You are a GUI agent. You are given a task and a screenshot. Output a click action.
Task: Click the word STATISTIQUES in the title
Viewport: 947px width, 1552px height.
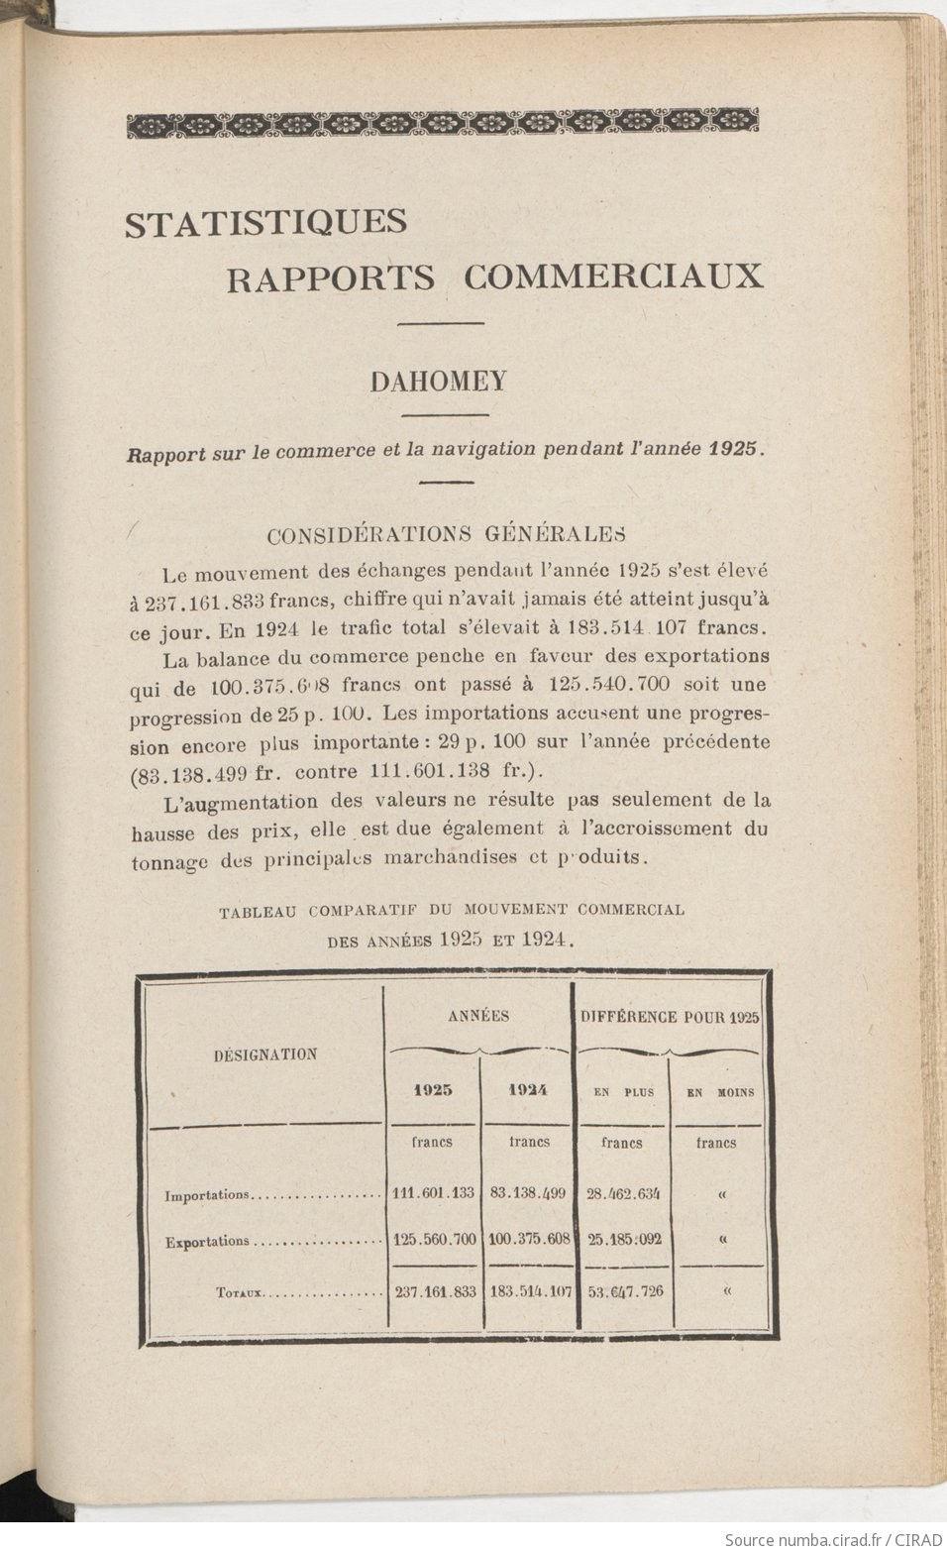click(265, 222)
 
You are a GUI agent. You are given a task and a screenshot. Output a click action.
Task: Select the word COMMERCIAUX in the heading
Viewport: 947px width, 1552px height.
click(613, 277)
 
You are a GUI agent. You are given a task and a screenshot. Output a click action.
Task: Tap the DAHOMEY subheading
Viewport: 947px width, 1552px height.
click(439, 382)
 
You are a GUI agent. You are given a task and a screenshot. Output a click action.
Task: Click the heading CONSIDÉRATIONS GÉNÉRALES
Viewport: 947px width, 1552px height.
click(446, 534)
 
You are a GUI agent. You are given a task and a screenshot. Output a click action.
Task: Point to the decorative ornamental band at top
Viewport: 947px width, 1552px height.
click(443, 123)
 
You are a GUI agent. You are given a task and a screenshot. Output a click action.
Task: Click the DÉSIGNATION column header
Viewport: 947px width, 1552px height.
click(265, 1054)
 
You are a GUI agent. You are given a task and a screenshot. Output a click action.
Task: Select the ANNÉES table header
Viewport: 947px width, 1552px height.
click(478, 1016)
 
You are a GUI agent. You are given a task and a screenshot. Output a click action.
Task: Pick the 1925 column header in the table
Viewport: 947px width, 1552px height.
click(433, 1090)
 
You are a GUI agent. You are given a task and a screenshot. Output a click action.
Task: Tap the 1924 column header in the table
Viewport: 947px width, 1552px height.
click(528, 1090)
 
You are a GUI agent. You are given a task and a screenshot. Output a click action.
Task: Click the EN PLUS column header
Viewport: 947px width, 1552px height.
click(623, 1092)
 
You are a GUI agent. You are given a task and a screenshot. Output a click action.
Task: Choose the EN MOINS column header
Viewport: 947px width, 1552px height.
click(719, 1092)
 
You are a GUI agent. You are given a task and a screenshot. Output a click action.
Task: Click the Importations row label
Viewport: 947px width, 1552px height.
click(207, 1195)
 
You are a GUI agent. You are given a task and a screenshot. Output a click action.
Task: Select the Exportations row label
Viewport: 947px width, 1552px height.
click(207, 1241)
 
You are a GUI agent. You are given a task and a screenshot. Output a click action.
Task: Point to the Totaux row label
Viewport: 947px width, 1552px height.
click(237, 1292)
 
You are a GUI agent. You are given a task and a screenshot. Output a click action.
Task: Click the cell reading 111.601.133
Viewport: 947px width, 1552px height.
click(433, 1192)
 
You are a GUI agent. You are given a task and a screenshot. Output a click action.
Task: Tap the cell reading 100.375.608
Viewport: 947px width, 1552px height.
click(530, 1239)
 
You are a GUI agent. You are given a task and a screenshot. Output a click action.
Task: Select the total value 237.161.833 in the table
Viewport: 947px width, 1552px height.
click(434, 1291)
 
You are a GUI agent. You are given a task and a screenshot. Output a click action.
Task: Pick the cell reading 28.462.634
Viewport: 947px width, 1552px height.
click(623, 1192)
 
